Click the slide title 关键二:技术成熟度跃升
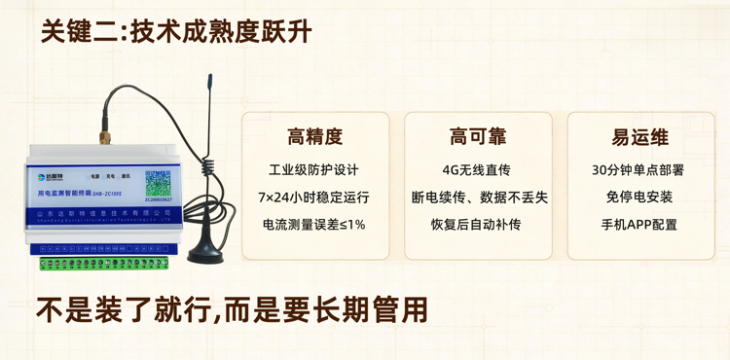coord(176,32)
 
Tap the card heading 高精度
coord(314,136)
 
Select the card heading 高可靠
coord(477,136)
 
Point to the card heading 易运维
coord(639,136)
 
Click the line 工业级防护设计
coord(314,169)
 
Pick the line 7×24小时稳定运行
coord(314,197)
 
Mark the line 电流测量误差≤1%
coord(314,224)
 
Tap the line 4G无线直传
coord(477,169)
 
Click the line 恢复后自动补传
coord(477,224)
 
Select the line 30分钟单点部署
coord(639,169)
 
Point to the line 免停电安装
coord(639,197)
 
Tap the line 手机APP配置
coord(639,224)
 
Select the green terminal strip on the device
coord(107,261)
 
